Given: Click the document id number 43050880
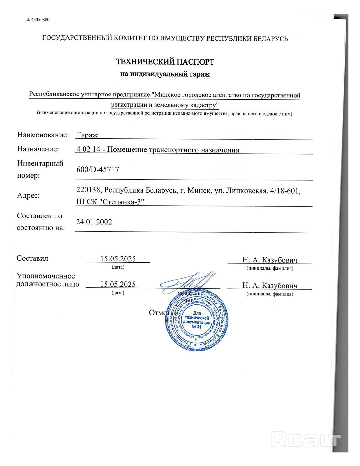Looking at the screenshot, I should (x=41, y=19).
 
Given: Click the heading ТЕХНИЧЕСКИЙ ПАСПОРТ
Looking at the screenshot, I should (x=165, y=62).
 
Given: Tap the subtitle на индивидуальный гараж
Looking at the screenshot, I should (x=165, y=74).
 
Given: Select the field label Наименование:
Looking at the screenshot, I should (x=43, y=135).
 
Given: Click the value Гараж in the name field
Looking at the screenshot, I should (x=87, y=135).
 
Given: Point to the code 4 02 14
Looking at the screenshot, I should (x=88, y=149).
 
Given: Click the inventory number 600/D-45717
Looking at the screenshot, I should (x=98, y=169).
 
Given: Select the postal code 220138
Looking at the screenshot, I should (x=88, y=190).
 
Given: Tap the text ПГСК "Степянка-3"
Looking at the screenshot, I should (x=110, y=202).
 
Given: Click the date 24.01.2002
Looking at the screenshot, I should (x=94, y=222).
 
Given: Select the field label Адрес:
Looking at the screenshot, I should (x=29, y=195).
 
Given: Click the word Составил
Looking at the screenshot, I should (x=32, y=258).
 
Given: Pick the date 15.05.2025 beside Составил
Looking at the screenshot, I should (x=118, y=259).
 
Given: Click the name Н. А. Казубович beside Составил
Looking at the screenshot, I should (x=270, y=260).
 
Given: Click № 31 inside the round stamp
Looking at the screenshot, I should (x=197, y=327).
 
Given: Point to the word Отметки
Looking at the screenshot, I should (x=163, y=313).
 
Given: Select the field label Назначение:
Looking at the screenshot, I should (x=38, y=149).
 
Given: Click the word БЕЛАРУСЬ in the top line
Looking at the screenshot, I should (x=270, y=38).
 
